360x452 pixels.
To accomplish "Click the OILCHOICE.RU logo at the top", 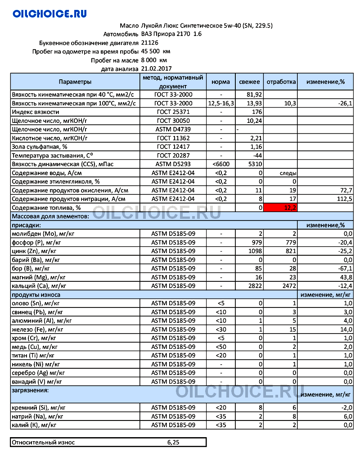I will (x=49, y=14).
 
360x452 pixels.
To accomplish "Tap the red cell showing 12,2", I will (x=281, y=208).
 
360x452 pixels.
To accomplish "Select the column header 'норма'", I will (x=220, y=82).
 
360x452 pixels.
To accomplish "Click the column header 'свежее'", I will (x=249, y=82).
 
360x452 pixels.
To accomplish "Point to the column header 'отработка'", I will (x=281, y=82).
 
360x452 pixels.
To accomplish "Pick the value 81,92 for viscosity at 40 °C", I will (x=255, y=95).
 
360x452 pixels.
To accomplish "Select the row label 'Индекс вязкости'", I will (x=36, y=112).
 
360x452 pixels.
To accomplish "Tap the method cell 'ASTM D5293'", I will (x=173, y=164).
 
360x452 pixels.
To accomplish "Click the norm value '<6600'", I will (x=220, y=164).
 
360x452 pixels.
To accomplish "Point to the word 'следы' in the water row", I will (x=288, y=173).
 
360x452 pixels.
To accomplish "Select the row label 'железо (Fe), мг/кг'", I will (x=37, y=330).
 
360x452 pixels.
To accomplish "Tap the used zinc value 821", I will (x=289, y=251).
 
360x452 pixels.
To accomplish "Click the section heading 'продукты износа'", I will (x=36, y=294).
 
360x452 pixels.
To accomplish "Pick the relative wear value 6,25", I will (x=173, y=443).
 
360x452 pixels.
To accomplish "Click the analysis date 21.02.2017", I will (x=156, y=69).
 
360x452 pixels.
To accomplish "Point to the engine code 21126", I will (x=150, y=43).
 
